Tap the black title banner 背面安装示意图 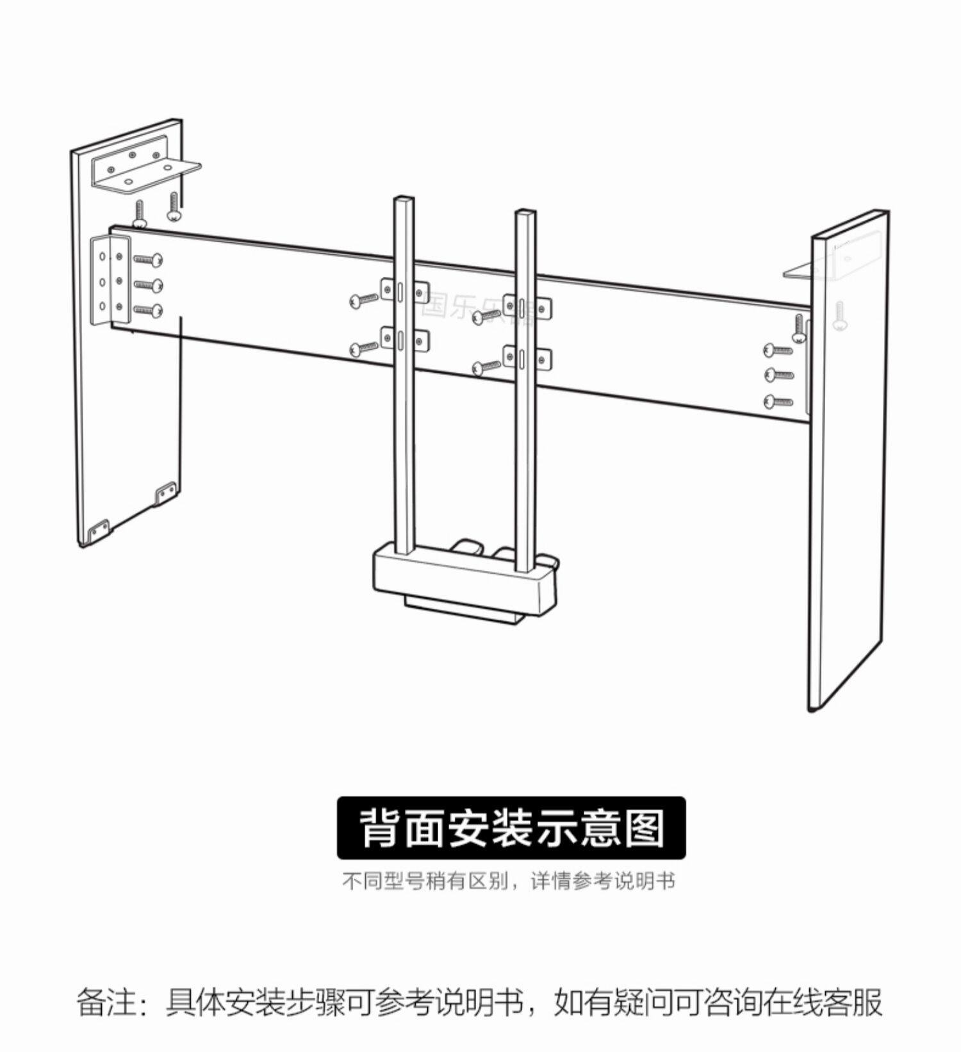(511, 827)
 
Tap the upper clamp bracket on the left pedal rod (404, 290)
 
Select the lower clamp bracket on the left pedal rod (404, 339)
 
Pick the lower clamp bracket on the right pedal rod (527, 358)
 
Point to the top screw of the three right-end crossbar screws (778, 350)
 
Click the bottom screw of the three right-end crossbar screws (778, 402)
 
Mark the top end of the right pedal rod (525, 212)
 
